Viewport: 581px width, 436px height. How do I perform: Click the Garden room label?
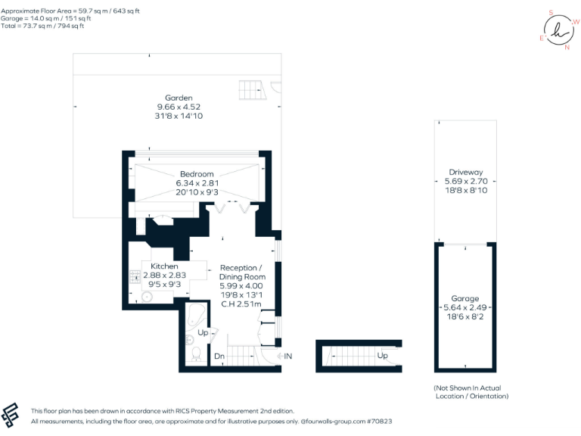179,98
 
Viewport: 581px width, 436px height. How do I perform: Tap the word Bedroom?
197,174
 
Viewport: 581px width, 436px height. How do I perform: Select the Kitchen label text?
164,266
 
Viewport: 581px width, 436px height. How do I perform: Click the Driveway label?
465,172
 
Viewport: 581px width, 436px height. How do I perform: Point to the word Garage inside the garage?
465,299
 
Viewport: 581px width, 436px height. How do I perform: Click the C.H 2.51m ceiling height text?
241,304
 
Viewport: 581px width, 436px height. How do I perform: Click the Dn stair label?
219,356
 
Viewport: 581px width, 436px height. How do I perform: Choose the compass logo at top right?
558,30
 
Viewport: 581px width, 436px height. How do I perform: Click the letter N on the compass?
567,47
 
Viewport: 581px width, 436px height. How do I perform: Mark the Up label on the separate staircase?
383,355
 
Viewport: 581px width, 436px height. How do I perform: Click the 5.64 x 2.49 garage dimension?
465,308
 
